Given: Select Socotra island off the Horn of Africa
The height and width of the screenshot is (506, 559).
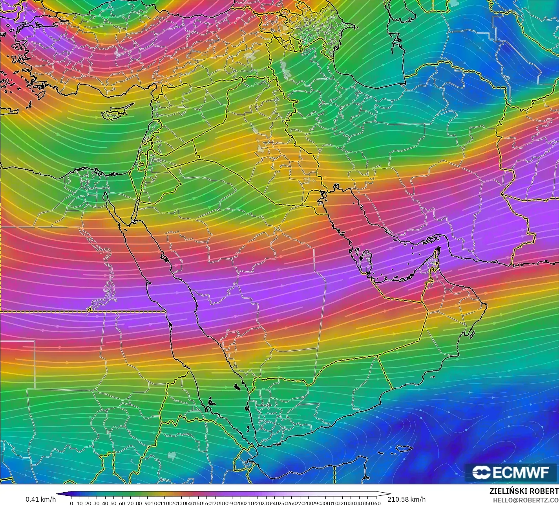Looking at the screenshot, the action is [404, 448].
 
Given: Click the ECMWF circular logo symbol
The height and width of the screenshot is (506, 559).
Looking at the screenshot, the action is [481, 472].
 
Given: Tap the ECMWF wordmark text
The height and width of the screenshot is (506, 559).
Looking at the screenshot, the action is [521, 472].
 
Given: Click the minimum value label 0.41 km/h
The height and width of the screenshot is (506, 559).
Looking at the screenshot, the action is [40, 499].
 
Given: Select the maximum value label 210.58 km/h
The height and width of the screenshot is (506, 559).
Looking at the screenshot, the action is [406, 499].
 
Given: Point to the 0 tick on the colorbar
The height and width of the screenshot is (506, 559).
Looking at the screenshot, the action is [71, 503].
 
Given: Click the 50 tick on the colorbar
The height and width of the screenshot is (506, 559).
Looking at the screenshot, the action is [113, 503].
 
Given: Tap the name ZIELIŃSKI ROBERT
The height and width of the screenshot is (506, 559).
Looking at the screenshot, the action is [524, 491].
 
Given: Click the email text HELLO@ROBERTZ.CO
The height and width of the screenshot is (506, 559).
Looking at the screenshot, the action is [526, 500].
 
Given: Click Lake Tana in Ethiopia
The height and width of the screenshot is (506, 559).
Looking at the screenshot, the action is [171, 455].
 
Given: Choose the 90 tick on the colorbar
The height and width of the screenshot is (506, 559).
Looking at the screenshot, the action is [147, 503].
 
